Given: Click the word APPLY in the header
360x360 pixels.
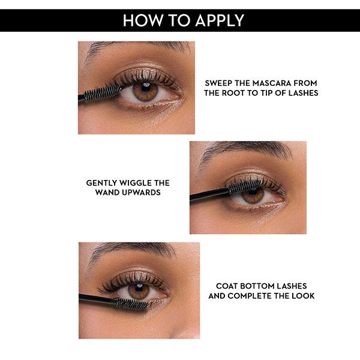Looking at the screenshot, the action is (x=220, y=20).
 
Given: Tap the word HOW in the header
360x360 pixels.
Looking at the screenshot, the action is (x=142, y=20).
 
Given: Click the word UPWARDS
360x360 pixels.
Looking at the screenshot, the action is (x=141, y=193).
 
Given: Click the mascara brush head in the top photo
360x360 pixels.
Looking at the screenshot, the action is (x=102, y=93).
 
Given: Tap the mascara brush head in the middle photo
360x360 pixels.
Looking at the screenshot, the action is (x=245, y=186).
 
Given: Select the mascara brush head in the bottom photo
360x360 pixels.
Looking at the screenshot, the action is (x=131, y=304).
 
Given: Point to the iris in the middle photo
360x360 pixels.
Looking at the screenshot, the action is (x=253, y=196).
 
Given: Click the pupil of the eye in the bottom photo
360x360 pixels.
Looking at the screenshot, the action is (x=139, y=289).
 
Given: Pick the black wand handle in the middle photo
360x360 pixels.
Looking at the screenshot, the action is (x=209, y=194).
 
